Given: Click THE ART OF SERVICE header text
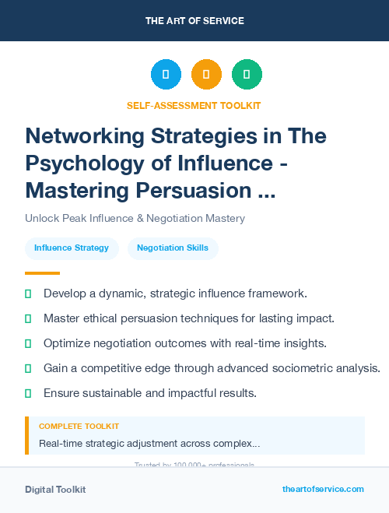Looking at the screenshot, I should (x=194, y=21).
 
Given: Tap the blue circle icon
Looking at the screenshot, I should (x=166, y=74).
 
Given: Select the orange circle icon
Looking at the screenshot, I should (x=206, y=74).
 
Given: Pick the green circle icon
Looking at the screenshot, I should (x=247, y=74).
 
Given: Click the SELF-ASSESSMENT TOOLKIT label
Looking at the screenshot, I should (x=194, y=105).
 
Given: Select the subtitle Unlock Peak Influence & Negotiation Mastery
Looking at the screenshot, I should (x=135, y=218).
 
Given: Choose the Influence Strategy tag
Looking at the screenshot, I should (x=72, y=248).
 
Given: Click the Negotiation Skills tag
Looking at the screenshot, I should (x=173, y=248).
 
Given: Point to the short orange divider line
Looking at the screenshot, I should (x=42, y=273).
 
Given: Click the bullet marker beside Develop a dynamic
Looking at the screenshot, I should (x=28, y=293).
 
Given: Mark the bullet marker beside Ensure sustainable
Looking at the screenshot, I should (x=28, y=393).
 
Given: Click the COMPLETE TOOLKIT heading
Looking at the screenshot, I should (x=79, y=427).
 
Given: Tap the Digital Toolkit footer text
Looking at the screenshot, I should (x=55, y=490).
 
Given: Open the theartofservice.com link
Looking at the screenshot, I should (x=323, y=489).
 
